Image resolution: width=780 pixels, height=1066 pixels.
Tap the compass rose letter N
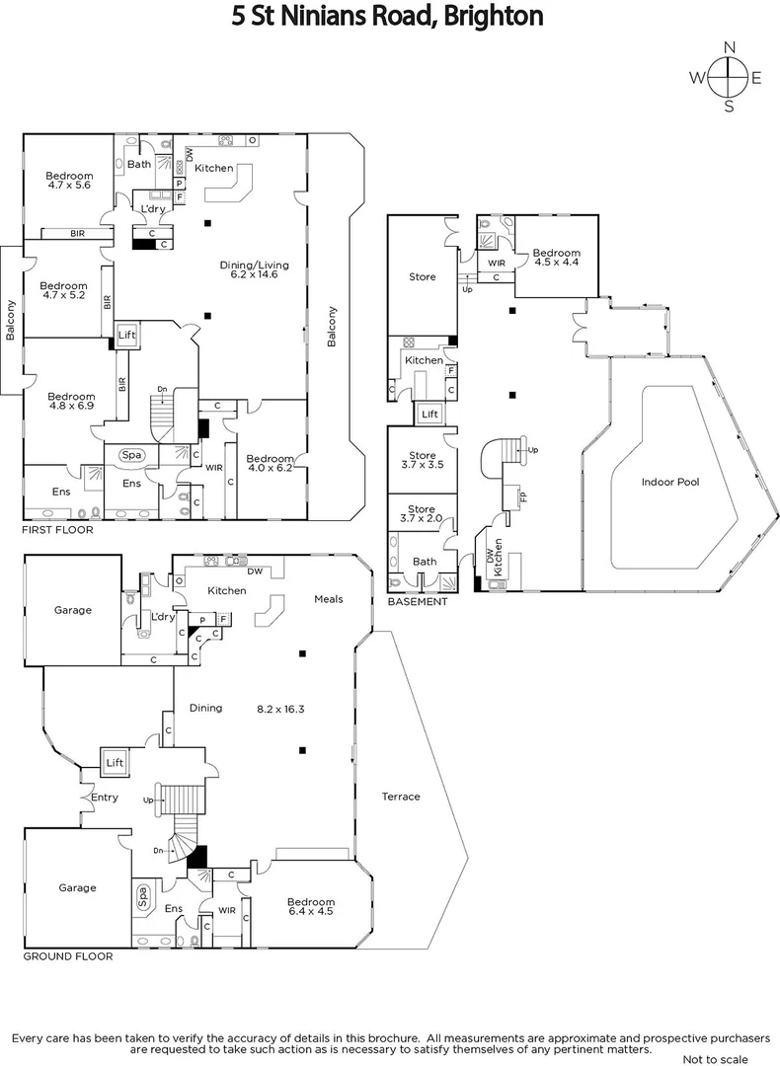point(730,47)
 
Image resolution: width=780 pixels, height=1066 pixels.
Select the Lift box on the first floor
point(126,336)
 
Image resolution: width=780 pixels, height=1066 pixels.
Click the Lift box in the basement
point(429,415)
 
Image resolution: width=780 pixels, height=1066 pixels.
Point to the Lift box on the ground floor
point(115,762)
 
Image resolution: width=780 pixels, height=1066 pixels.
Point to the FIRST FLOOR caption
point(57,530)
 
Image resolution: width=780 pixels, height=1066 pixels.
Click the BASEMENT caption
point(417,601)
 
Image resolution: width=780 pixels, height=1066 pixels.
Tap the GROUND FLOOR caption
point(67,956)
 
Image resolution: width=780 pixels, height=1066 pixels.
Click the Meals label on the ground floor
point(328,599)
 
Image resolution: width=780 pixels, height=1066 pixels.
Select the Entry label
point(104,798)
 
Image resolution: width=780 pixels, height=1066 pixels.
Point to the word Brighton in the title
point(498,16)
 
